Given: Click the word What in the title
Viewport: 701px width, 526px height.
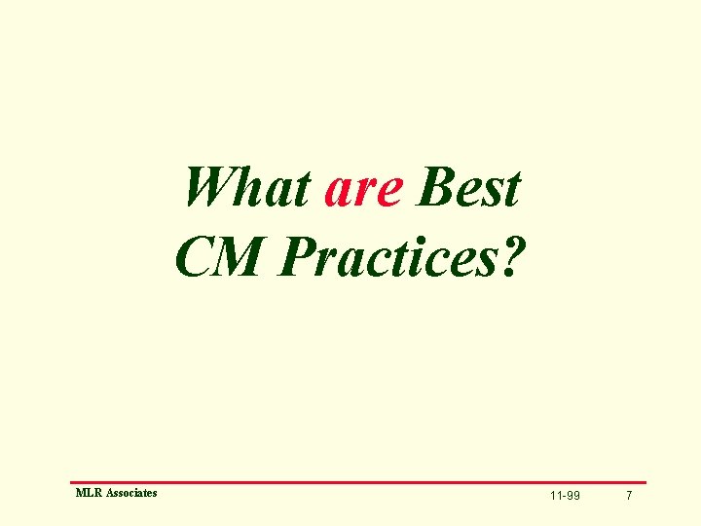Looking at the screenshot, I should (247, 188).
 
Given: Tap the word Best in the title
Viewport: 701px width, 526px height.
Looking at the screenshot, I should (468, 188).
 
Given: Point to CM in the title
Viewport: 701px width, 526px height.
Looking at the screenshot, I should (220, 254).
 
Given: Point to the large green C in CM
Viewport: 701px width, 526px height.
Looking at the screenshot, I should (194, 254).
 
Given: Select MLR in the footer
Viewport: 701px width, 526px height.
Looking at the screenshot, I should (88, 494).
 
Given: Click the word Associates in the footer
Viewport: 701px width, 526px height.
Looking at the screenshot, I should (130, 494).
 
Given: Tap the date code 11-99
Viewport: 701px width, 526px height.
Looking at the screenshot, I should (565, 497).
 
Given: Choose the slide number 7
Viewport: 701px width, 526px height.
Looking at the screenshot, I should (629, 497).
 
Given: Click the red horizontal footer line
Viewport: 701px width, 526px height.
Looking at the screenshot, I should (357, 482).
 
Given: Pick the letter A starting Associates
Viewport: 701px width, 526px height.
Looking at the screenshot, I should (108, 494).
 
